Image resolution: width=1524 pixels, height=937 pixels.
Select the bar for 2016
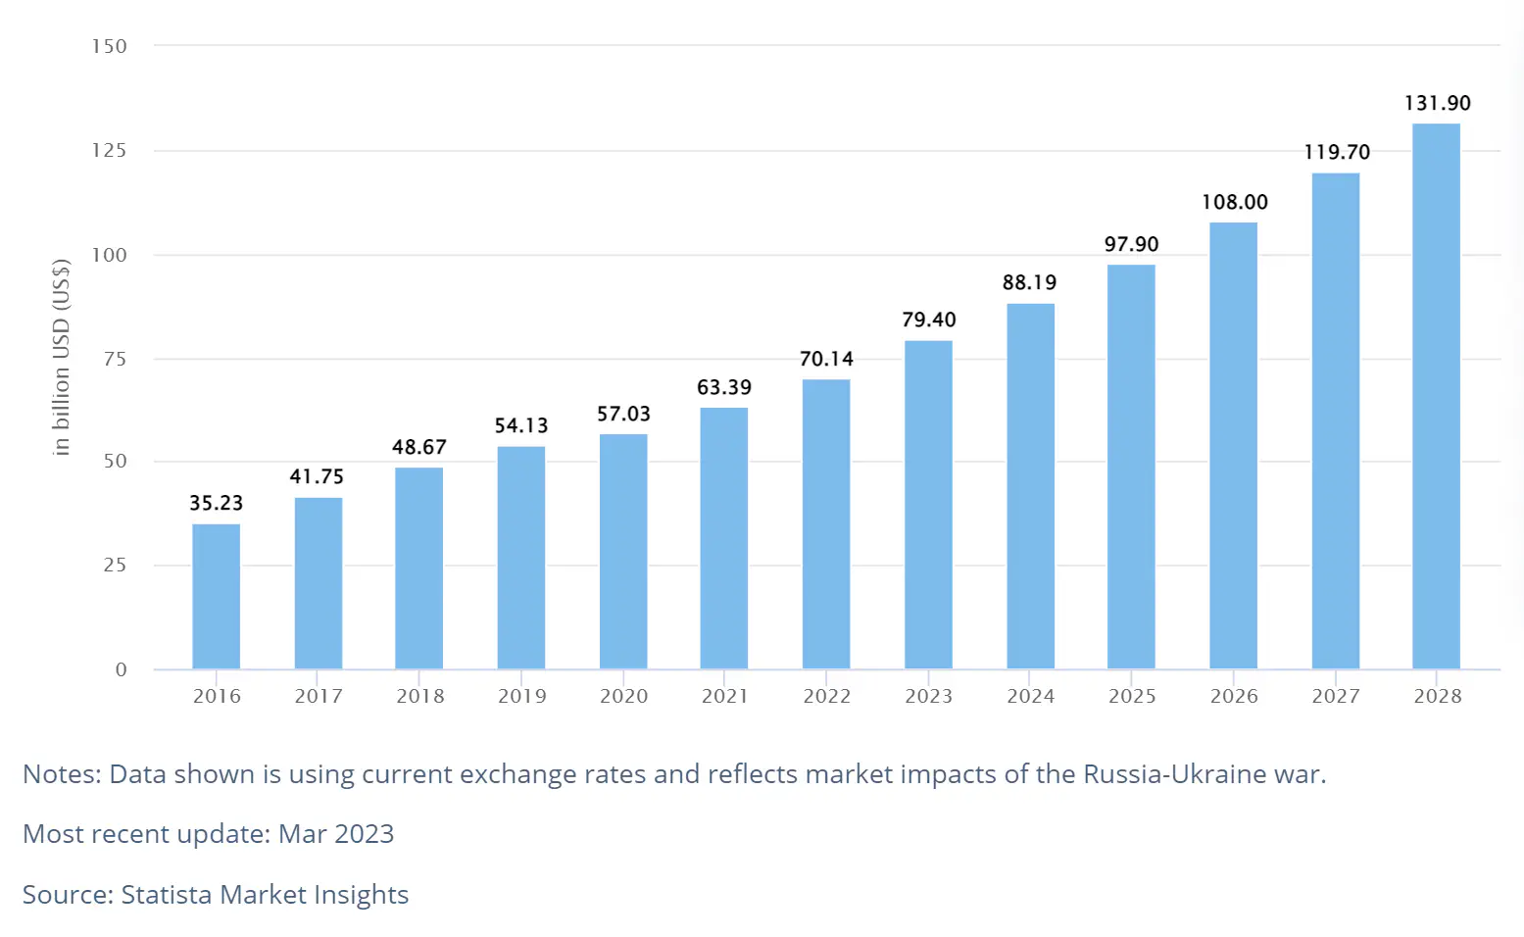(216, 596)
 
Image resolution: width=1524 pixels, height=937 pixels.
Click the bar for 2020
(623, 551)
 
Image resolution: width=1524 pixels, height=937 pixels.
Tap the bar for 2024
(1030, 486)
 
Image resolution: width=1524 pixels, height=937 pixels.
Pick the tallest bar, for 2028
(1436, 396)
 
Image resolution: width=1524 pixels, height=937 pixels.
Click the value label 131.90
(1437, 103)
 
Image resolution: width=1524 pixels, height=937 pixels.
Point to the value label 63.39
(724, 387)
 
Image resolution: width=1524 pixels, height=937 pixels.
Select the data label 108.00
(1234, 202)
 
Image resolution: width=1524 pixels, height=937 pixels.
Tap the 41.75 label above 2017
(317, 476)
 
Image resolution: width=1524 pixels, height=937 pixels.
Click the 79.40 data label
(928, 320)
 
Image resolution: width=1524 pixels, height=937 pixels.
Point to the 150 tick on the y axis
(110, 46)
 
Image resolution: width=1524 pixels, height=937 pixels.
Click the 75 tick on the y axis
(115, 359)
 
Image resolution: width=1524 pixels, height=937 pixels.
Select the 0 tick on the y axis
(121, 669)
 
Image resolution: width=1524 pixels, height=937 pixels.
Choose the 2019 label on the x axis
(521, 696)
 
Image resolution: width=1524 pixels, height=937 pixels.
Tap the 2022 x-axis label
(826, 696)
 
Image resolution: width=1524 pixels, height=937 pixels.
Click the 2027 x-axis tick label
(1335, 696)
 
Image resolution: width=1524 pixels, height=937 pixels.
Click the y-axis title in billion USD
(61, 358)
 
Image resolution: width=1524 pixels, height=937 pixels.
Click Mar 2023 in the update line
(336, 834)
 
